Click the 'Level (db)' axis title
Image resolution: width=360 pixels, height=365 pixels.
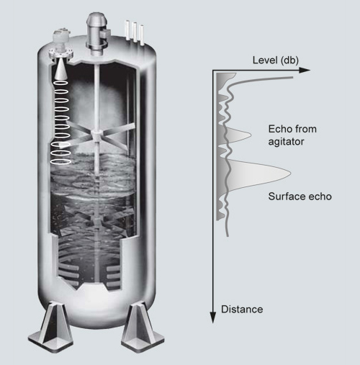[x=276, y=60]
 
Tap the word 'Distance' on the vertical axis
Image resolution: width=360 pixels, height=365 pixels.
[x=242, y=310]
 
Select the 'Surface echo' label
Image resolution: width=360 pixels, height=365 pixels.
[x=300, y=197]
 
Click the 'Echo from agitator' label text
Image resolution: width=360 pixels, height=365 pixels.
[x=292, y=135]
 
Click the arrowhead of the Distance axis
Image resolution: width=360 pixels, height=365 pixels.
[x=213, y=317]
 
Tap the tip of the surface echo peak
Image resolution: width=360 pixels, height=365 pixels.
[x=291, y=173]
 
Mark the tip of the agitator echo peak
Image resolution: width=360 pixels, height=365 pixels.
[x=251, y=135]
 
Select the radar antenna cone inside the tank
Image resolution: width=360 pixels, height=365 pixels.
[x=60, y=69]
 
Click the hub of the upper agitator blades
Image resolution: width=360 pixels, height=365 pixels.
[x=96, y=135]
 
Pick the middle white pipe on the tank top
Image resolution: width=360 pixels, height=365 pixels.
[x=135, y=32]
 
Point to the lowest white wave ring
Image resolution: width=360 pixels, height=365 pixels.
[x=60, y=161]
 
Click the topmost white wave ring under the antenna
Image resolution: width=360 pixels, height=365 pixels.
[x=60, y=83]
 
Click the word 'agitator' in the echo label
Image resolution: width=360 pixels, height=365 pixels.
[x=286, y=142]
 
